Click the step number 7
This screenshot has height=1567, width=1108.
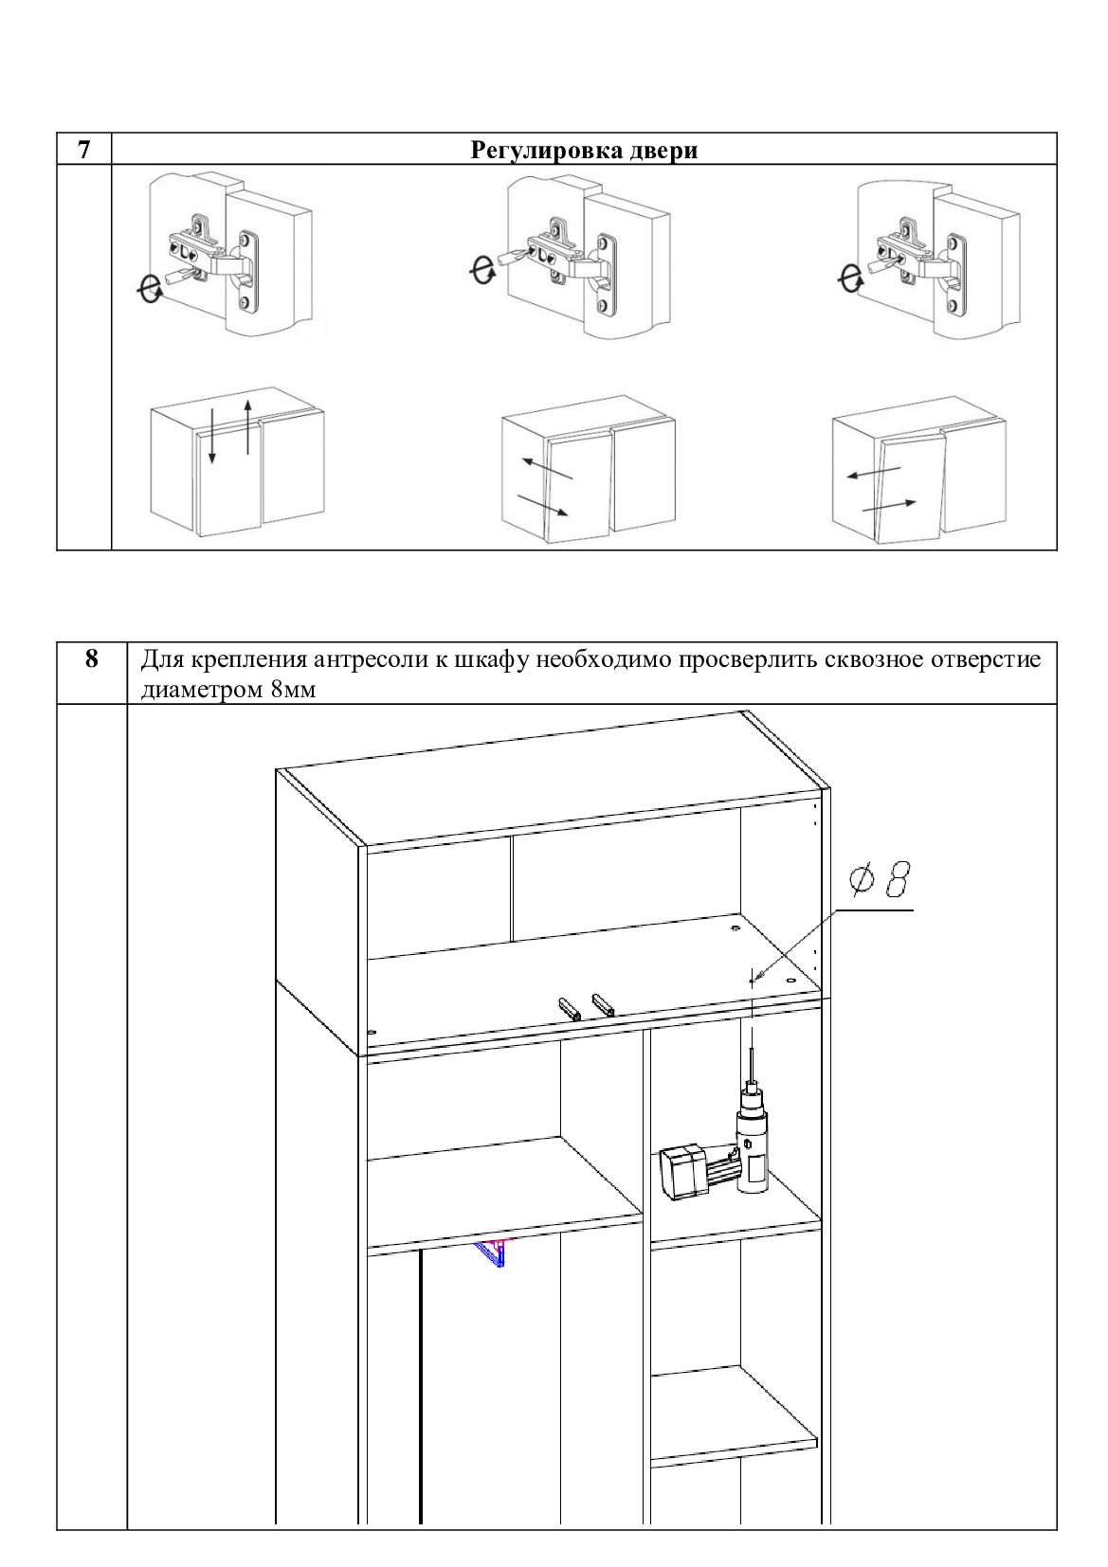tap(84, 150)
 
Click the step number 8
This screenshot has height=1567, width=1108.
tap(92, 658)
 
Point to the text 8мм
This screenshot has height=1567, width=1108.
tap(293, 690)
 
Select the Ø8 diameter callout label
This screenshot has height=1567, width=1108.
tap(880, 880)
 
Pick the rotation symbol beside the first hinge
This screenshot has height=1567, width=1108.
tap(150, 288)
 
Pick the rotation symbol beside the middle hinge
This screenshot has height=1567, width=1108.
tap(482, 270)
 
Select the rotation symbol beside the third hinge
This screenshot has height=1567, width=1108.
tap(850, 279)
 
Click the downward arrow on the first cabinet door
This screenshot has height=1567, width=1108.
tap(211, 436)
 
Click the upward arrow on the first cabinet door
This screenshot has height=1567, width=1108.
tap(247, 426)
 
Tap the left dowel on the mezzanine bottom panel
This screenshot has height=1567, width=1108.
tap(570, 1009)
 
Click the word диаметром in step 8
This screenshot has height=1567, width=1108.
tap(203, 691)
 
